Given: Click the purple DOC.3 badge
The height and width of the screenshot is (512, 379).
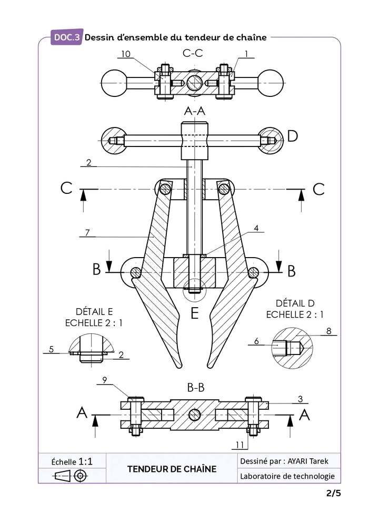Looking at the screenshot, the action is (66, 37).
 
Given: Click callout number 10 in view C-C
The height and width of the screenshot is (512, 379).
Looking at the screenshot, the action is (126, 54).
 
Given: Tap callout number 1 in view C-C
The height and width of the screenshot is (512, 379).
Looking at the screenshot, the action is (246, 54).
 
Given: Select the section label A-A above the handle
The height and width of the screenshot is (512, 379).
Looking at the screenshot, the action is (195, 111).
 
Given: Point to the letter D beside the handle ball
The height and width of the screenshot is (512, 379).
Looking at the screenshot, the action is (293, 136).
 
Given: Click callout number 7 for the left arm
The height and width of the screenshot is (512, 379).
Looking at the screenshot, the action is (87, 232).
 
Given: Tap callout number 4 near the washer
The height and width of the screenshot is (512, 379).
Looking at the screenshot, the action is (256, 228).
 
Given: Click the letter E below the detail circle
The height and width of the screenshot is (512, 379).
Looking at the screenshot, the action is (195, 313).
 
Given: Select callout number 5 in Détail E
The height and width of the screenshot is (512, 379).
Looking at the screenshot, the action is (51, 349).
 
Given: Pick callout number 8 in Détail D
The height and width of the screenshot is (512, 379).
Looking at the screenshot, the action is (328, 331).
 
